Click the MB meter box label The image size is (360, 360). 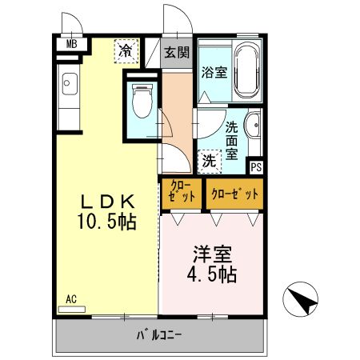point(71,44)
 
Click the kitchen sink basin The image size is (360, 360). point(67,82)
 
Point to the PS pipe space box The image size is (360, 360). point(255,167)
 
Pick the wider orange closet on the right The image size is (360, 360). point(233,193)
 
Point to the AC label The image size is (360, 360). point(71,299)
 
